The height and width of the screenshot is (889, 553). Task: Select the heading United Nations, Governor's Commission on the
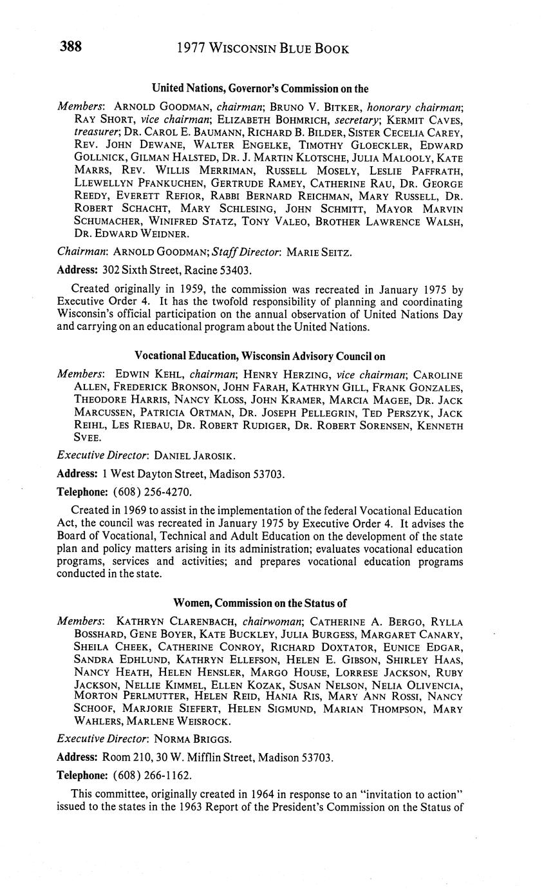click(260, 88)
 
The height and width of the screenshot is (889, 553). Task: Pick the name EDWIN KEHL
click(144, 374)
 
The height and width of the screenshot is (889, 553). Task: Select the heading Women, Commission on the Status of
click(260, 604)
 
